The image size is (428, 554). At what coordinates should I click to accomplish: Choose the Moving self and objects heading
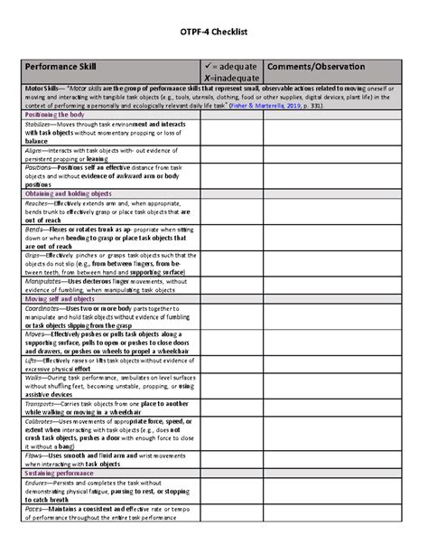coord(60,299)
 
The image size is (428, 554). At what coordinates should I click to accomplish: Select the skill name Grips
coord(34,255)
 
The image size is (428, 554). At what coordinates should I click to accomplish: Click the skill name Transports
coord(42,404)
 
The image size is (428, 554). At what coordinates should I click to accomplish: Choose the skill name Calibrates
coord(42,421)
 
